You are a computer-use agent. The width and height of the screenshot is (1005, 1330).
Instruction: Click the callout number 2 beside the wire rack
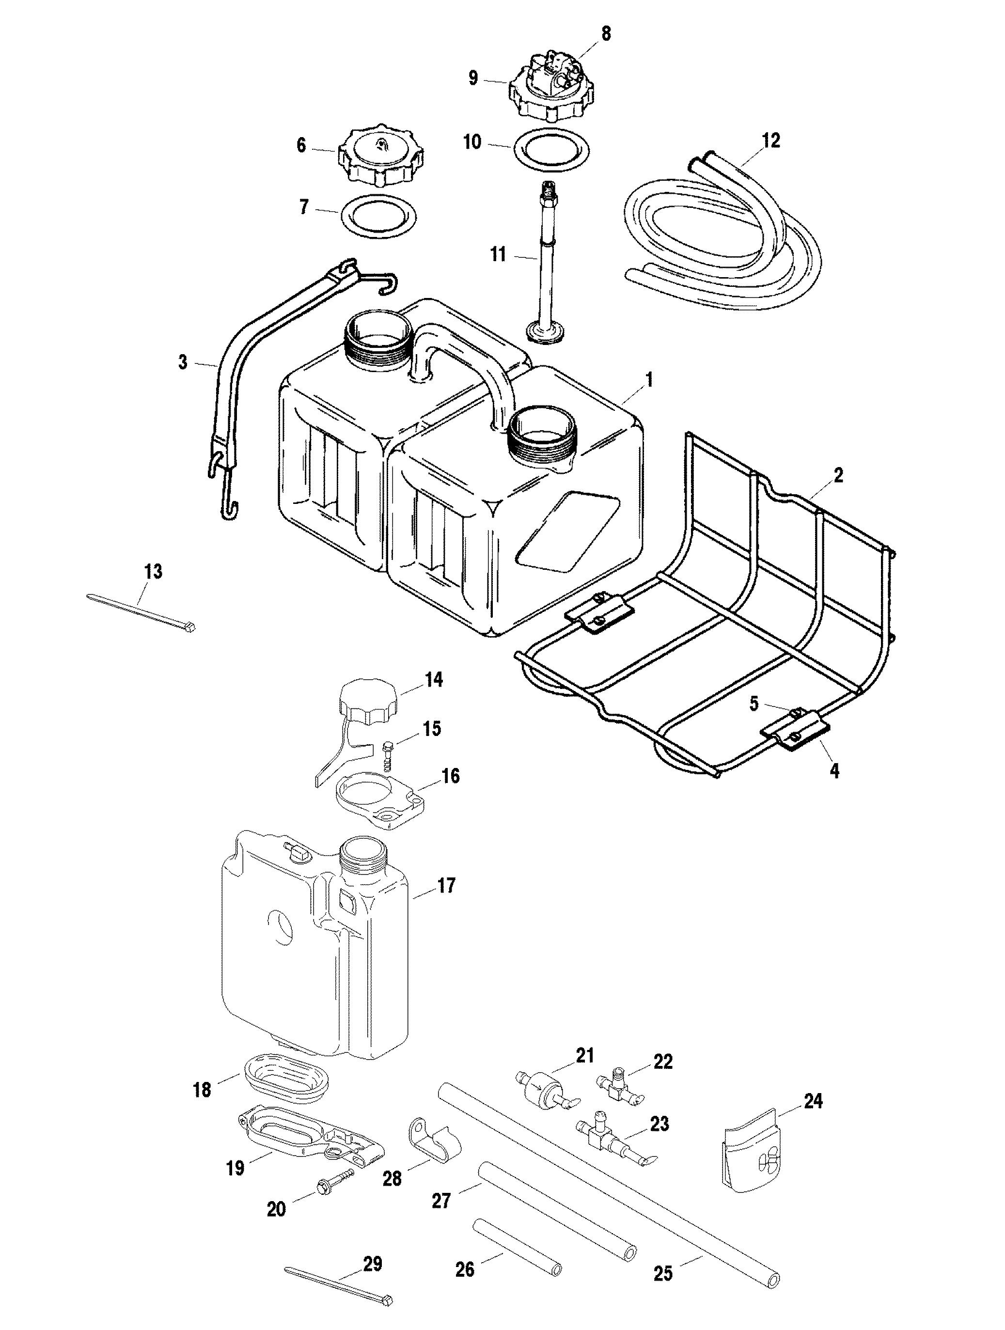click(838, 476)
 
